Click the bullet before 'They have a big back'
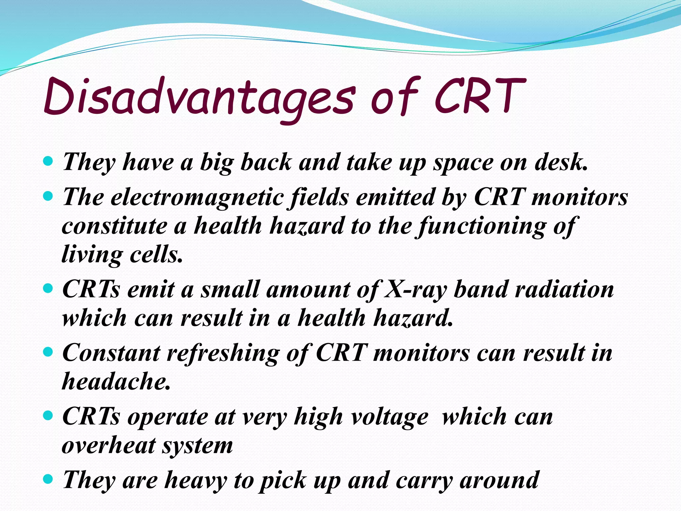(48, 162)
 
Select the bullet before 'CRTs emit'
(48, 288)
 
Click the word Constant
(111, 353)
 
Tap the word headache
(116, 381)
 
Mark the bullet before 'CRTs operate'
(48, 416)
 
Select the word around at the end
(499, 480)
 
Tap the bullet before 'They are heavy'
(48, 479)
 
